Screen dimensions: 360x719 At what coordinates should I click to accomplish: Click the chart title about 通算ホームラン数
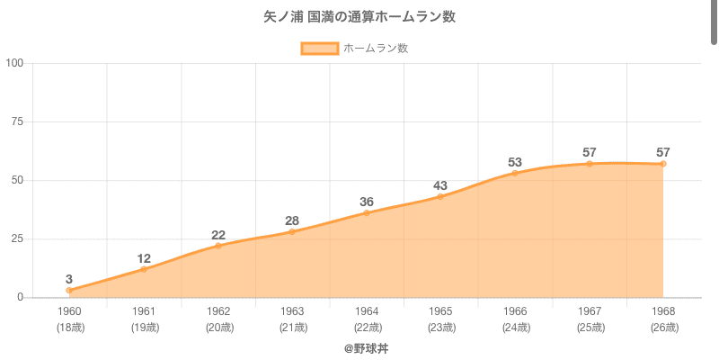pos(359,17)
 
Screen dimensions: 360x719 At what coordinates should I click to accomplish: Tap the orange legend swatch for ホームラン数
pos(319,49)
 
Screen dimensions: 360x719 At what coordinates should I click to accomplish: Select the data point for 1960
pos(69,291)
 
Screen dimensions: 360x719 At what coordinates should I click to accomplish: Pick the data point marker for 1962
pos(218,246)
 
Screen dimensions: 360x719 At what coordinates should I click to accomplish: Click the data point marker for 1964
pos(367,212)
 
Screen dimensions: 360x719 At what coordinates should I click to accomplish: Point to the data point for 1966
pos(515,173)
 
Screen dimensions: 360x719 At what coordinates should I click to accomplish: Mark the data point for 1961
pos(144,269)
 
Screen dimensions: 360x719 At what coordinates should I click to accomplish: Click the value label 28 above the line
pos(292,220)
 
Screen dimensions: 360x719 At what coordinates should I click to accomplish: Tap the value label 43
pos(440,185)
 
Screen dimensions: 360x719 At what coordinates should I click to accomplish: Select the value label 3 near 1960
pos(69,279)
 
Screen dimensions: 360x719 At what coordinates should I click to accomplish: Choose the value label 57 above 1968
pos(663,152)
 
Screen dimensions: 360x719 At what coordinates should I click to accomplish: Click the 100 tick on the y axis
pos(15,63)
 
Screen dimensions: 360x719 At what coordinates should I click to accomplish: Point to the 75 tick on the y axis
pos(18,121)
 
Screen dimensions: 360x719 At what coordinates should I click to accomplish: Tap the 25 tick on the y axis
pos(18,238)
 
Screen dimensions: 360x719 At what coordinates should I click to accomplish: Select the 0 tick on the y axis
pos(21,297)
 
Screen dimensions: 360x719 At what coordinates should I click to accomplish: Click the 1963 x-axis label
pos(292,311)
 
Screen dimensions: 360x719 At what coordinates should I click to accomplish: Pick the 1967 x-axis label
pos(589,311)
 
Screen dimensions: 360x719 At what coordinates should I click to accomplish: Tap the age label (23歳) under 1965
pos(440,327)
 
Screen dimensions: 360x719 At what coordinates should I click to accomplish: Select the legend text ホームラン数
pos(376,49)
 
